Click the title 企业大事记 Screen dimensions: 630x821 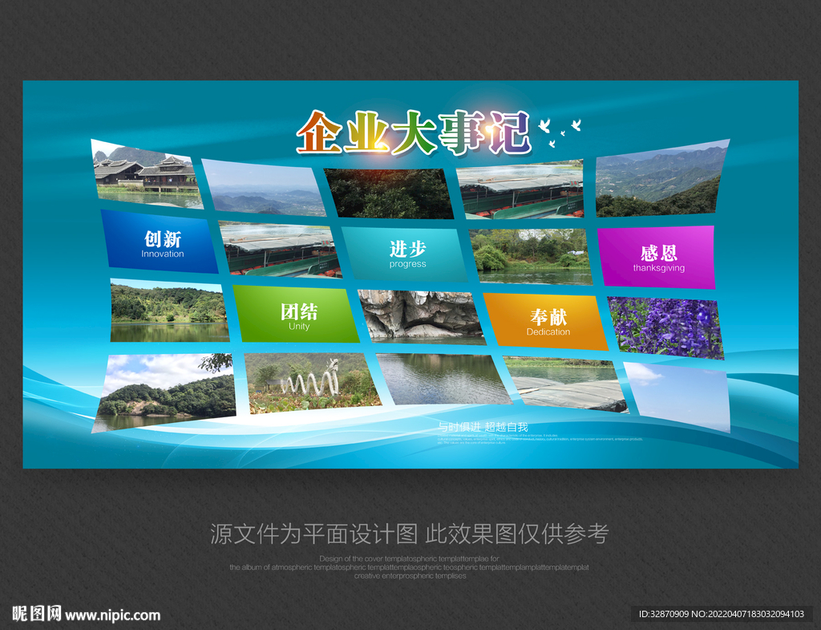[413, 132]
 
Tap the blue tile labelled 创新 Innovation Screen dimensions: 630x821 [160, 242]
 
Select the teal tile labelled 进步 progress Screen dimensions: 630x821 [406, 253]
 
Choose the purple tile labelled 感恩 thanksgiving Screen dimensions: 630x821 [657, 257]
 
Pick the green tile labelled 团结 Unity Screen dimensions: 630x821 [297, 315]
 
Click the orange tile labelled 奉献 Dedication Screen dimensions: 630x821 [547, 321]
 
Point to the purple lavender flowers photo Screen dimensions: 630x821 [665, 327]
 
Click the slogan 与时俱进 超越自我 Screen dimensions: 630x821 [483, 427]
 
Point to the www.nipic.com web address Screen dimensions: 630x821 [113, 616]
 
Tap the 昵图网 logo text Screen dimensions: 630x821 [37, 614]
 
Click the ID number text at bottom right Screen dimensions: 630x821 [721, 614]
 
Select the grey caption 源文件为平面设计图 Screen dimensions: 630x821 [313, 534]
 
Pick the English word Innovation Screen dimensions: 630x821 [163, 254]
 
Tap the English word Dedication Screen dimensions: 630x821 [548, 332]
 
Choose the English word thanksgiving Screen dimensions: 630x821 [658, 268]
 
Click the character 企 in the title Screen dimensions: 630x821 [319, 133]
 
